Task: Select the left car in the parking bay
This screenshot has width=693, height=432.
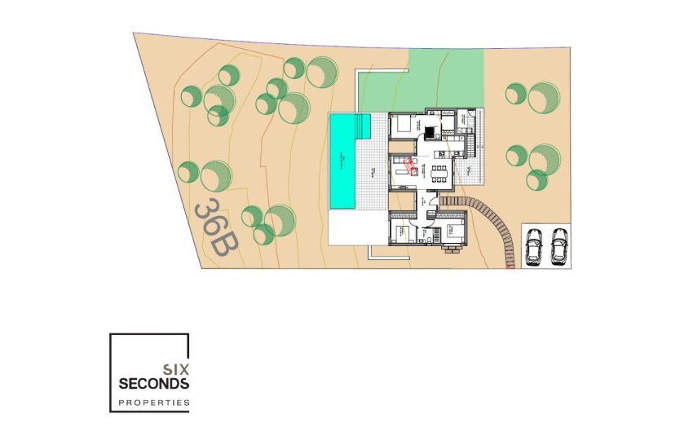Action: pos(534,246)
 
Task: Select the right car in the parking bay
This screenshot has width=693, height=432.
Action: pos(558,246)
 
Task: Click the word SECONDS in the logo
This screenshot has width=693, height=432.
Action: pos(154,383)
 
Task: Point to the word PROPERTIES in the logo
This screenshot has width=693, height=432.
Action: pos(154,403)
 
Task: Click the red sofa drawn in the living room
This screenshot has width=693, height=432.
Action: pos(412,166)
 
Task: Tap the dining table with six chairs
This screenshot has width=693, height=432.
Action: pos(439,171)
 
